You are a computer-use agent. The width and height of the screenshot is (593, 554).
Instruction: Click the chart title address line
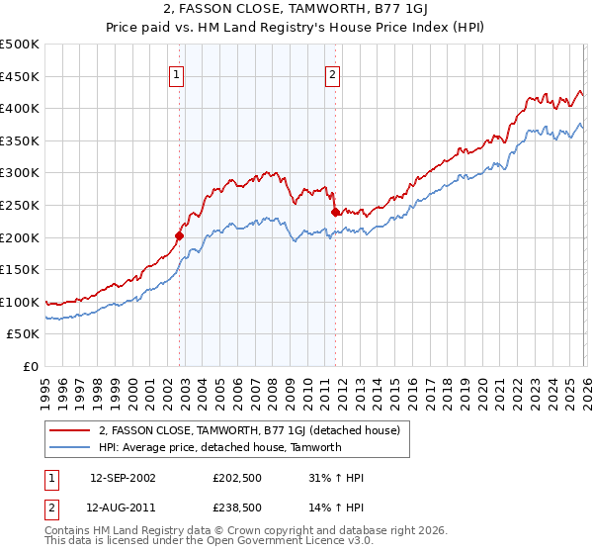pyautogui.click(x=296, y=9)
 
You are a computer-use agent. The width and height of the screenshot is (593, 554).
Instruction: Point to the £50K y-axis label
pyautogui.click(x=24, y=334)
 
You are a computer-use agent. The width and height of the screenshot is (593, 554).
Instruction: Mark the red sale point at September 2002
pyautogui.click(x=180, y=235)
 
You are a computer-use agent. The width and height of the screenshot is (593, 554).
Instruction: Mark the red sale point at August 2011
pyautogui.click(x=335, y=212)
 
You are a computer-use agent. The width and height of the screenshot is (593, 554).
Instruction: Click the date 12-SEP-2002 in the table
pyautogui.click(x=123, y=478)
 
